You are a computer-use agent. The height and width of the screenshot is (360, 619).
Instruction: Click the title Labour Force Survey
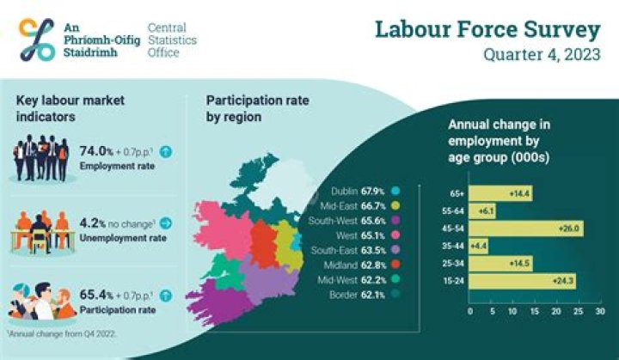(487, 29)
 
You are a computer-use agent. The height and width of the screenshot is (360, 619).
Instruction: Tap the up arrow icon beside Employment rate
(166, 152)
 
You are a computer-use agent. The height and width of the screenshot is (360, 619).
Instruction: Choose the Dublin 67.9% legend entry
(362, 191)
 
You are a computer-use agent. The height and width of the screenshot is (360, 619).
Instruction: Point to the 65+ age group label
(457, 194)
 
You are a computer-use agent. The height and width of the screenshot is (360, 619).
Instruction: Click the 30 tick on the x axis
(599, 311)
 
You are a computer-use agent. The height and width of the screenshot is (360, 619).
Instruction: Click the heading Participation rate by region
(257, 108)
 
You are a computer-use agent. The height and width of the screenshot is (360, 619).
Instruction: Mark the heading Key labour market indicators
(70, 108)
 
